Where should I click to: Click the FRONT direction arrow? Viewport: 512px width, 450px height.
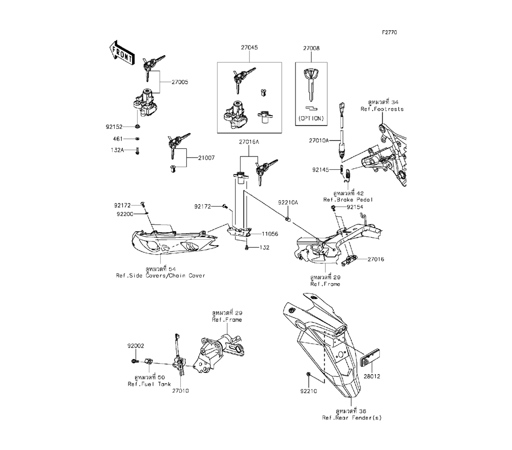coord(121,53)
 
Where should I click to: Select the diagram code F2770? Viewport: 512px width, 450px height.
coord(390,32)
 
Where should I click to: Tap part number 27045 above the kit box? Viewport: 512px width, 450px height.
coord(249,48)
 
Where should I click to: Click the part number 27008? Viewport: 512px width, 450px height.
coord(311,48)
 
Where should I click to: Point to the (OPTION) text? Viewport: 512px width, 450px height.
coord(311,118)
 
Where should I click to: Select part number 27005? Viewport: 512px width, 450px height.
coord(180,82)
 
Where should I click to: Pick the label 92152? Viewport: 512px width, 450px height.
coord(114,127)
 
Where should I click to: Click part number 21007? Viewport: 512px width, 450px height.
coord(206,158)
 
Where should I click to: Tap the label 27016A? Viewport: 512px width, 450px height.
coord(249,142)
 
